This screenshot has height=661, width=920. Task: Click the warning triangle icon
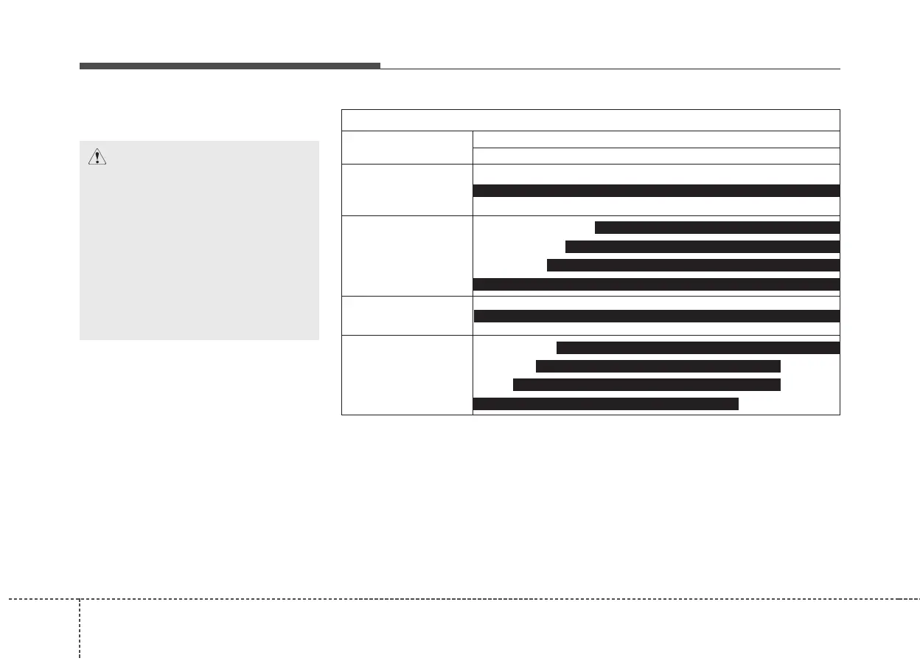tap(97, 156)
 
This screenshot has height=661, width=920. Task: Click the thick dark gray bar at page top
tap(229, 66)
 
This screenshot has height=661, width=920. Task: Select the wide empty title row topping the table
tap(590, 120)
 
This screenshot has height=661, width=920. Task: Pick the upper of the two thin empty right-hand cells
tap(655, 139)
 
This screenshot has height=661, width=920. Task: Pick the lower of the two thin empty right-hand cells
tap(655, 156)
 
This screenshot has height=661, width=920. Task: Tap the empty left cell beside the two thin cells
tap(407, 148)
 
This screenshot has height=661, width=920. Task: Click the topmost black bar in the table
tap(655, 190)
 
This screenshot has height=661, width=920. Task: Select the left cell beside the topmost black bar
tap(407, 190)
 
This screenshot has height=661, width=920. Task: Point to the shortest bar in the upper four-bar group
tap(717, 227)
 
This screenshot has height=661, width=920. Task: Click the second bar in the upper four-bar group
tap(702, 246)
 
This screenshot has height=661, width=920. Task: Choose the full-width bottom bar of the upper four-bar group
tap(655, 284)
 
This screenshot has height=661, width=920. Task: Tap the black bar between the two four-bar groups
tap(656, 316)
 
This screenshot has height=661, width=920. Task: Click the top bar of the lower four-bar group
tap(697, 348)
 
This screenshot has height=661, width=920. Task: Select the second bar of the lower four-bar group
tap(658, 367)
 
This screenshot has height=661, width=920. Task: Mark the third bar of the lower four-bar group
tap(646, 384)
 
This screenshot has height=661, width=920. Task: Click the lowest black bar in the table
tap(605, 403)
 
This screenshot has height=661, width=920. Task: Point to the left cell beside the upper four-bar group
tap(407, 255)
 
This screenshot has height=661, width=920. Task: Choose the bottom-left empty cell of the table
tap(407, 375)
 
